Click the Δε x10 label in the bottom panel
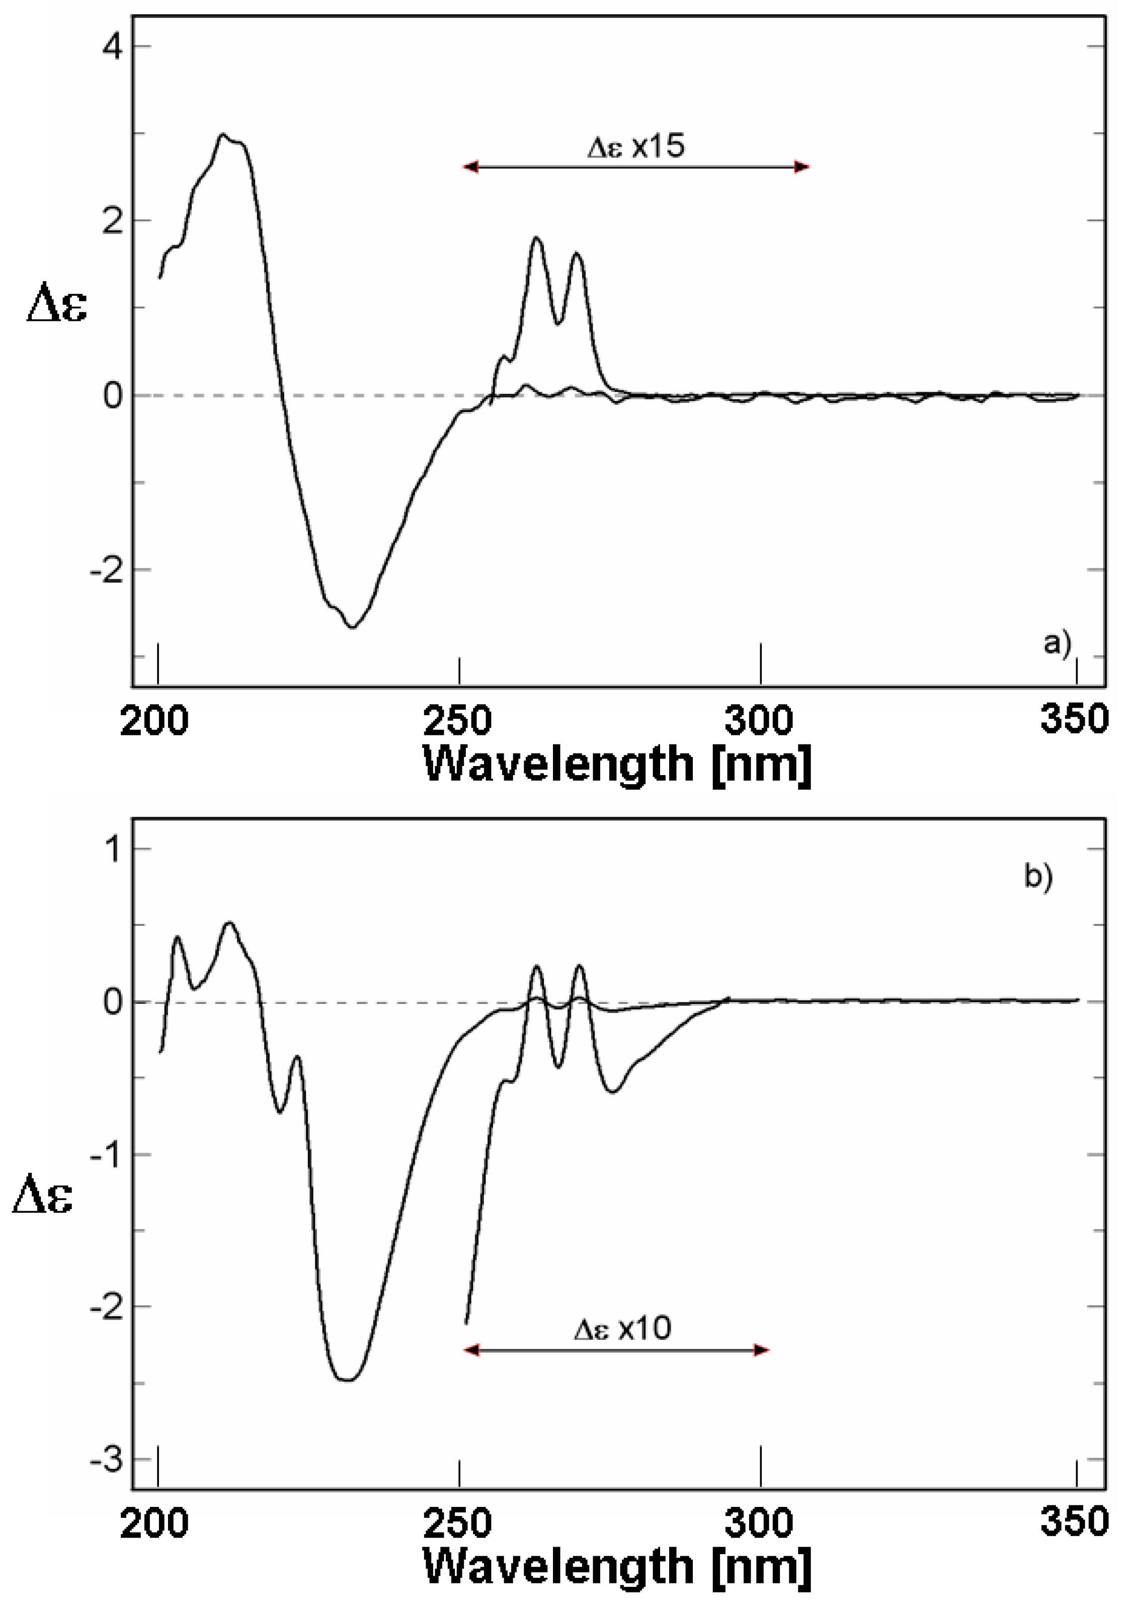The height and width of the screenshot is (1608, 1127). click(622, 1328)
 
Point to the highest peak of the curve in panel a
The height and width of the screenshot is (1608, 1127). click(223, 134)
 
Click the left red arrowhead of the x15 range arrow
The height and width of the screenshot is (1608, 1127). click(470, 166)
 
